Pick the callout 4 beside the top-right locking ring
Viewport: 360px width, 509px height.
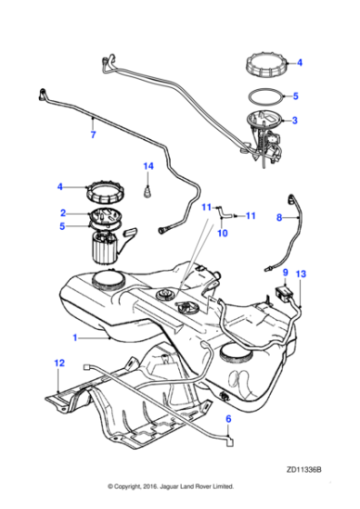tap(300, 64)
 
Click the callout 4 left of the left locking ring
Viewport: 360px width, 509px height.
tap(61, 187)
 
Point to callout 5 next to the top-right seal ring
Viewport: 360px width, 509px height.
tap(295, 95)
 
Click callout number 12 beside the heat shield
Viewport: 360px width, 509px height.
tap(59, 364)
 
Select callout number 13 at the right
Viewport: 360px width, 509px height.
tap(302, 274)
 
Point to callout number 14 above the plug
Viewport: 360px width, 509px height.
tap(149, 166)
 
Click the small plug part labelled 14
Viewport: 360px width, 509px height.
tap(148, 191)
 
